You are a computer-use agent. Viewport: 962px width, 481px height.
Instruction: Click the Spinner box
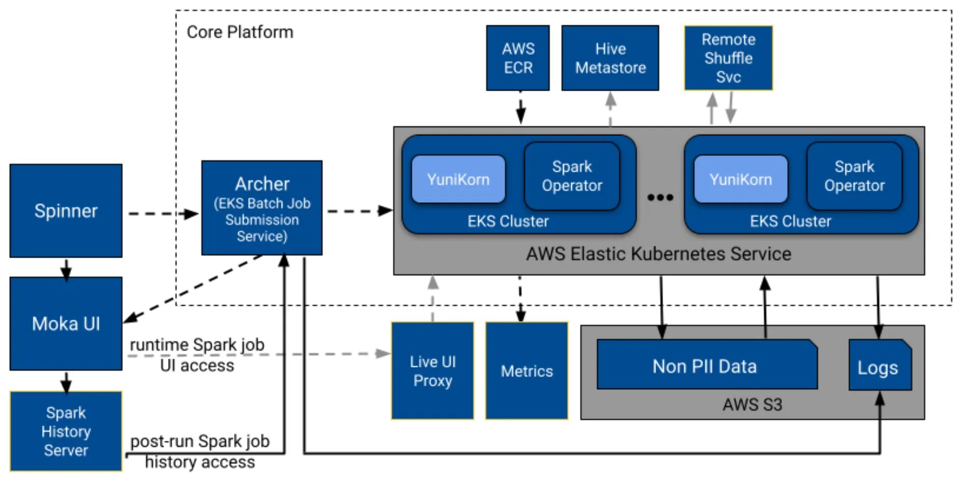pyautogui.click(x=66, y=210)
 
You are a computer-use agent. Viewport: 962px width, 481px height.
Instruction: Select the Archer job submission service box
pyautogui.click(x=262, y=208)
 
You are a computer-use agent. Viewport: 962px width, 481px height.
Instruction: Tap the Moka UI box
pyautogui.click(x=66, y=323)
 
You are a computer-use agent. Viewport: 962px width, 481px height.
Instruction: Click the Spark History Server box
pyautogui.click(x=66, y=431)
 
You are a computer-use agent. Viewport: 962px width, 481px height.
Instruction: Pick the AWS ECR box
pyautogui.click(x=517, y=58)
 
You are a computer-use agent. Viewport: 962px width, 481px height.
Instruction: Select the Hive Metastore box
pyautogui.click(x=610, y=58)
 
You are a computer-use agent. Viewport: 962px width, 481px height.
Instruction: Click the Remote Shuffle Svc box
pyautogui.click(x=728, y=58)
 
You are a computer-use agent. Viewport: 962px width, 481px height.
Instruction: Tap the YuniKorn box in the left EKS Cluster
pyautogui.click(x=458, y=179)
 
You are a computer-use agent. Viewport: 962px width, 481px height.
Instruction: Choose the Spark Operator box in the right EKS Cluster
pyautogui.click(x=854, y=176)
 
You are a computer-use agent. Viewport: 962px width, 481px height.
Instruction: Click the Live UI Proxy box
pyautogui.click(x=432, y=371)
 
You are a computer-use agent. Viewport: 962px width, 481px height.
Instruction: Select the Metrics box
pyautogui.click(x=527, y=371)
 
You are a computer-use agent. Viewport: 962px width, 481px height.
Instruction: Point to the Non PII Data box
pyautogui.click(x=705, y=365)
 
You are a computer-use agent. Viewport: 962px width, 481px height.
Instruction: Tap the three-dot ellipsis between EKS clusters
pyautogui.click(x=660, y=197)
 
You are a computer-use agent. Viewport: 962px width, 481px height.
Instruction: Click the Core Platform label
pyautogui.click(x=240, y=32)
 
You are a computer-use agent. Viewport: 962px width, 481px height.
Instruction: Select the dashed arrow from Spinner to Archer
pyautogui.click(x=161, y=213)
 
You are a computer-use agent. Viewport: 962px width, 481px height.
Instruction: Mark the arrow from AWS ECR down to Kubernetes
pyautogui.click(x=520, y=108)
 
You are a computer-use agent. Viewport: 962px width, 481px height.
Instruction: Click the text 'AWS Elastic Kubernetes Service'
pyautogui.click(x=658, y=254)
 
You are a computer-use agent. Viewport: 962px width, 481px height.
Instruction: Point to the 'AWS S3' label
pyautogui.click(x=752, y=404)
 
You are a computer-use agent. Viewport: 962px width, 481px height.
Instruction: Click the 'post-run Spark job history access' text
pyautogui.click(x=200, y=451)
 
